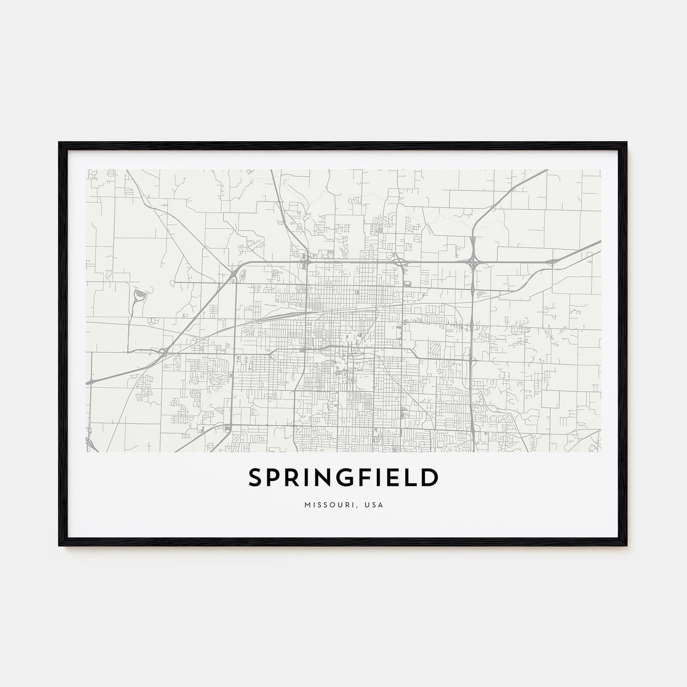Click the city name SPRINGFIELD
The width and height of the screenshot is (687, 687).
[343, 478]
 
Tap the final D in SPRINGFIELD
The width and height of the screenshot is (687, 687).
[428, 478]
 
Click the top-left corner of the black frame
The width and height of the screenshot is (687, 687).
[60, 143]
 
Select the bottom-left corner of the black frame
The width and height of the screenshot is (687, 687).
[60, 545]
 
